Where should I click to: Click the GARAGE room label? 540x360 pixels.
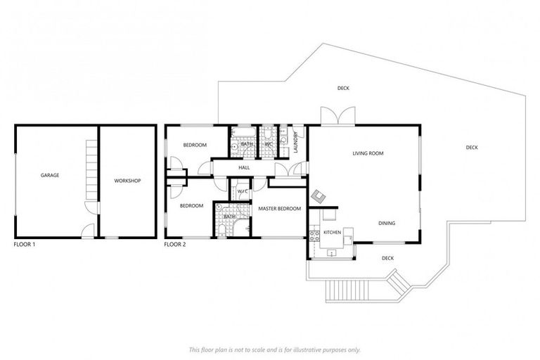coord(49,175)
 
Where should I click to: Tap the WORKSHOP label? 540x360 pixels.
coord(127,181)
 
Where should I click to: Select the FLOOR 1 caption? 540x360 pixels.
coord(25,245)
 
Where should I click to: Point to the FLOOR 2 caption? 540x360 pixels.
coord(175,245)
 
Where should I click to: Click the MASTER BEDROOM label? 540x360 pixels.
coord(279,209)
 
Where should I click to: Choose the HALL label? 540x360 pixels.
coord(244,168)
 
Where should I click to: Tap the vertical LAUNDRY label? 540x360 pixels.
coord(297,143)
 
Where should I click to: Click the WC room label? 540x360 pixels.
coord(269,144)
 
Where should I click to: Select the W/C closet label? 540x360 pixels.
coord(243,191)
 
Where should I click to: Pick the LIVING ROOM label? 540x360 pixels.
coord(367,153)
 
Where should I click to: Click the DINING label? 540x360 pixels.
coord(386,224)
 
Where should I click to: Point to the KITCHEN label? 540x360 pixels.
coord(332,232)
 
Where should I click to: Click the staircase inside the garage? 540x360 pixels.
coord(89,169)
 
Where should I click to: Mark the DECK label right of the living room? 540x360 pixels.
coord(471,148)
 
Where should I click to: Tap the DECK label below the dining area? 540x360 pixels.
coord(387,258)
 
